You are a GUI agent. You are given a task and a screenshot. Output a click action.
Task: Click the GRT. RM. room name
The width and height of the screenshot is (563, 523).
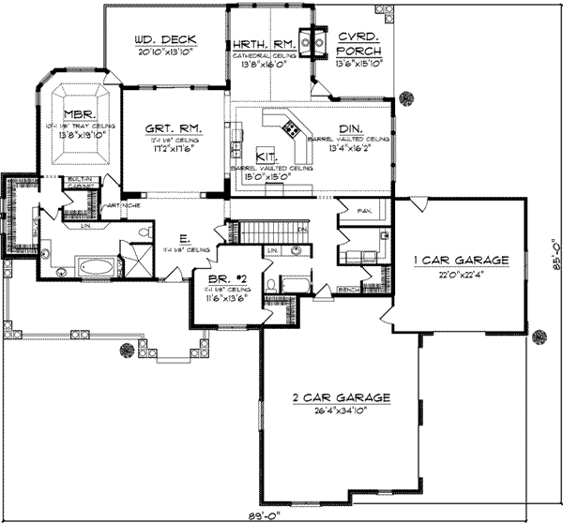170,129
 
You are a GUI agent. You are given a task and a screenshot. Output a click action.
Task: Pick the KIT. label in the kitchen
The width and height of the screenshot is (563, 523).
266,157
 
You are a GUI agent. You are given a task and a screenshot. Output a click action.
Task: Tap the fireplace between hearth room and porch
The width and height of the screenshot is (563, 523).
317,40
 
